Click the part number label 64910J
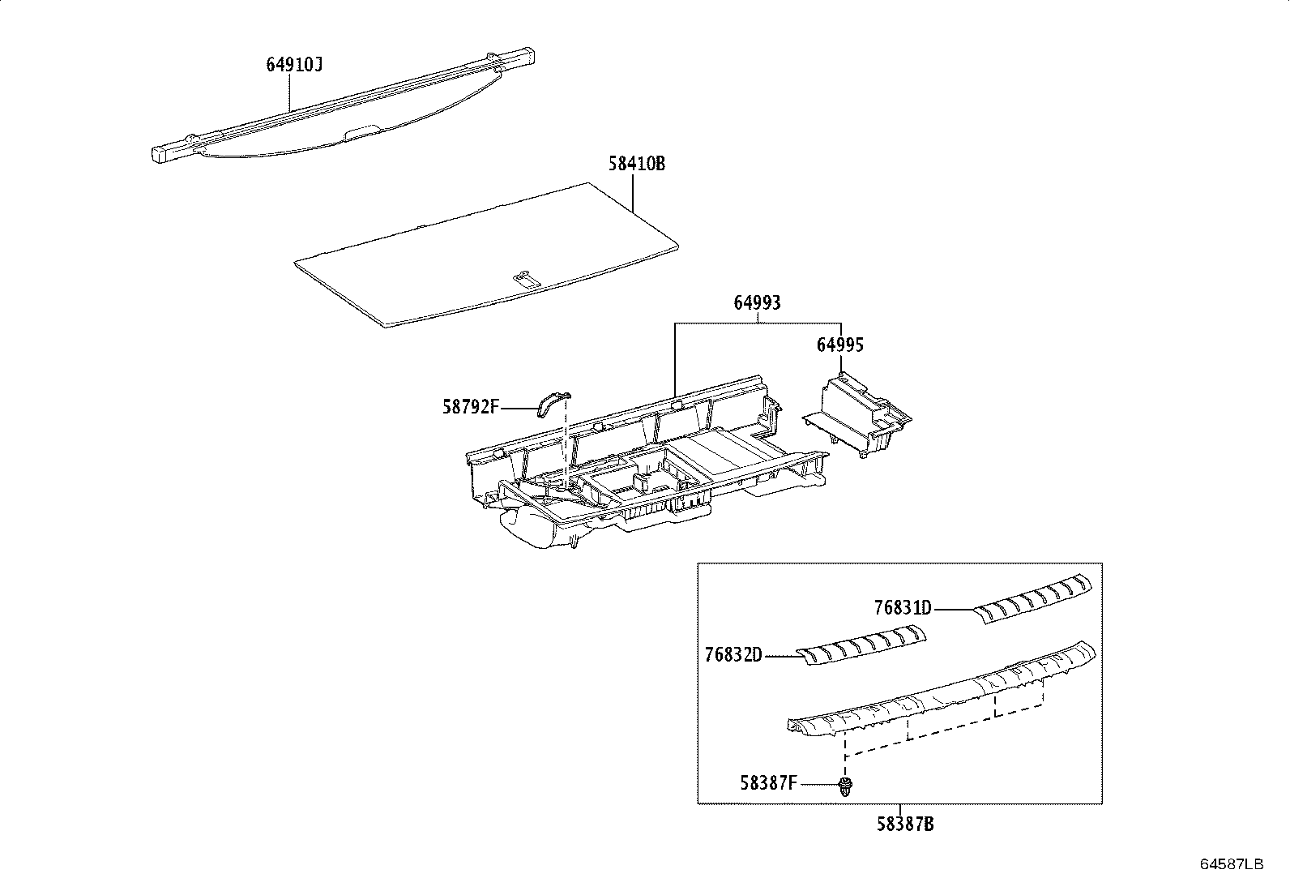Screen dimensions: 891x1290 294,65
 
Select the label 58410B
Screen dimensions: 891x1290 637,164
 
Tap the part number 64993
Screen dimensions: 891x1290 757,303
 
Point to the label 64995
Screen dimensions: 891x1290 839,345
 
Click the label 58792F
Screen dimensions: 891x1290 470,407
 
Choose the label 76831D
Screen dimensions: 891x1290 903,608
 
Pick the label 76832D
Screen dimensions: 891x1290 733,655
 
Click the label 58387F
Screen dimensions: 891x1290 768,783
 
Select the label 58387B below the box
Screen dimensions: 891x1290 905,825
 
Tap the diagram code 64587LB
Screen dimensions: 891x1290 1232,864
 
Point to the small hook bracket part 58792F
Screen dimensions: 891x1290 550,401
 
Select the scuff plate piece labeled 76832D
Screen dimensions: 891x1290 861,645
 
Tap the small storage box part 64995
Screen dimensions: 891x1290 859,413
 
